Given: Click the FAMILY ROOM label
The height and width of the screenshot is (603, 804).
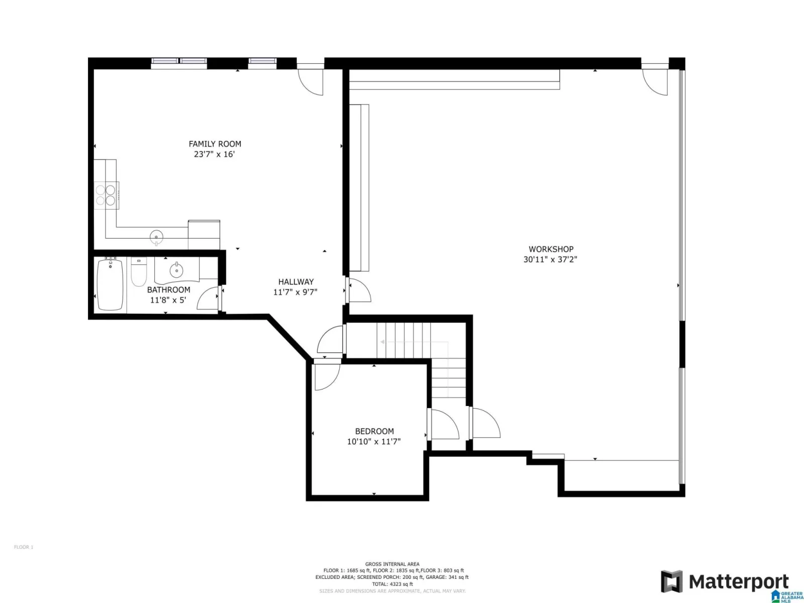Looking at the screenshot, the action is click(215, 144).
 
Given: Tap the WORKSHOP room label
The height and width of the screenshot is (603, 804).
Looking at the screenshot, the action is click(551, 249).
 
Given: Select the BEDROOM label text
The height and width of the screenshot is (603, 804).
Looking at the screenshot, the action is click(374, 431).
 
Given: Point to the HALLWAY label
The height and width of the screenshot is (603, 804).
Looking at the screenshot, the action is click(295, 281).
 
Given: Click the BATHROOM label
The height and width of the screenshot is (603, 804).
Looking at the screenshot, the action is click(168, 289).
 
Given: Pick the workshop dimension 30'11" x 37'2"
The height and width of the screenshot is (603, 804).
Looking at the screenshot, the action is click(550, 259).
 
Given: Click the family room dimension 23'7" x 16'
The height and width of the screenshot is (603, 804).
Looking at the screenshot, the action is click(214, 154).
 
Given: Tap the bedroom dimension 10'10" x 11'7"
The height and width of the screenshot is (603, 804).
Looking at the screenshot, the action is click(374, 441).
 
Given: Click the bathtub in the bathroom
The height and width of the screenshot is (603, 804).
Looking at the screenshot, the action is click(110, 284).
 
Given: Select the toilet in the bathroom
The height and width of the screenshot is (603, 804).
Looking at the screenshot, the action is click(139, 272).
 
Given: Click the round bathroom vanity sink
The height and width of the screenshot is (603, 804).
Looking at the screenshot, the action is click(176, 270).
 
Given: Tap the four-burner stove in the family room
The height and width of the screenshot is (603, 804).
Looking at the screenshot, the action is click(106, 195).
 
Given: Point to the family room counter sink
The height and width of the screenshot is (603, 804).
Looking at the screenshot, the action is click(156, 237).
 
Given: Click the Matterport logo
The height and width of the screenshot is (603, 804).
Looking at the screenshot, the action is click(725, 581).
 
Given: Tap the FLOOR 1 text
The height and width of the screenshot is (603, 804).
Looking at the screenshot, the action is click(24, 547).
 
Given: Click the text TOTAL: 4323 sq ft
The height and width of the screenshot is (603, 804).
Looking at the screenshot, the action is click(392, 584).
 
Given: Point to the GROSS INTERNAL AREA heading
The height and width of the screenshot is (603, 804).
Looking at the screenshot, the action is click(392, 564).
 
